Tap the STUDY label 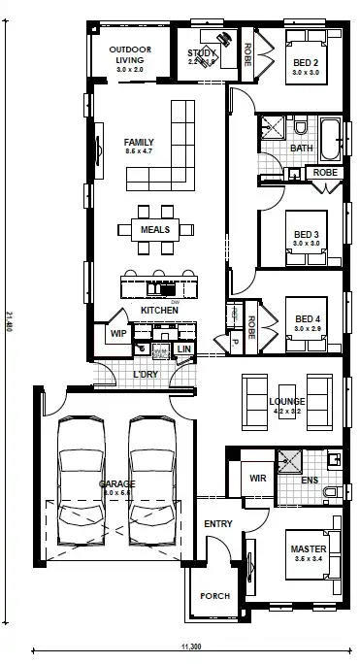[202, 53]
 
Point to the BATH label [301, 149]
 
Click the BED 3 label [308, 235]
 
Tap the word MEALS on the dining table [155, 230]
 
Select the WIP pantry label [118, 334]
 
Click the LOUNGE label [288, 401]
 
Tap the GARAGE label [116, 483]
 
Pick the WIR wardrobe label [258, 478]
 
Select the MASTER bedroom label [309, 550]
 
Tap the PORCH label [214, 596]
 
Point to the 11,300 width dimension [190, 645]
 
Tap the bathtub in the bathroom [329, 134]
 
